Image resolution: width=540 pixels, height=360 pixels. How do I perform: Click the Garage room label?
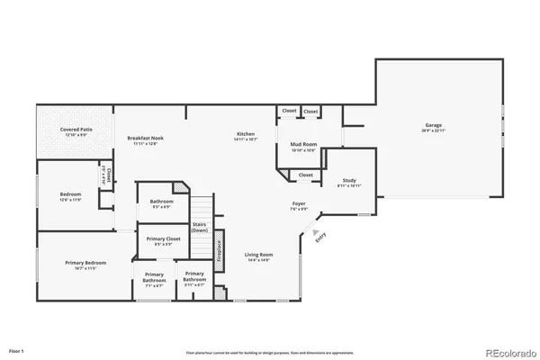(434, 125)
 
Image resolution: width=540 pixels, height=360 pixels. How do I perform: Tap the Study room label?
(349, 180)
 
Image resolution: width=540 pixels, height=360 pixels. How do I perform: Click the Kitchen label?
(246, 134)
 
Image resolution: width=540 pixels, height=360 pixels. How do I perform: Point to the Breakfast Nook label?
(145, 138)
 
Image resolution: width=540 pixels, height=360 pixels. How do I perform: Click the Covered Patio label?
(75, 130)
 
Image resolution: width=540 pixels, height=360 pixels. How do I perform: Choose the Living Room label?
(258, 255)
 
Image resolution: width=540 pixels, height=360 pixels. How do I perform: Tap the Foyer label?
(299, 204)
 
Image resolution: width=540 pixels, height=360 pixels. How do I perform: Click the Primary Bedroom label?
(85, 263)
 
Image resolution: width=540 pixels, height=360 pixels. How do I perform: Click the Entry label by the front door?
(319, 237)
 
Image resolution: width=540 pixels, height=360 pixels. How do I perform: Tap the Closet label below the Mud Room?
(306, 175)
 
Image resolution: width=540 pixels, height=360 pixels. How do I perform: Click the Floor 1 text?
(16, 349)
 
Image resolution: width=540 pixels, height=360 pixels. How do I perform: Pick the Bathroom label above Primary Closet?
(162, 201)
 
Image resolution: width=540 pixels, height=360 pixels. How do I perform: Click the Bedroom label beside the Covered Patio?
(71, 194)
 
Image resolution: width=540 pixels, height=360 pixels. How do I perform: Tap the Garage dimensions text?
(434, 130)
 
